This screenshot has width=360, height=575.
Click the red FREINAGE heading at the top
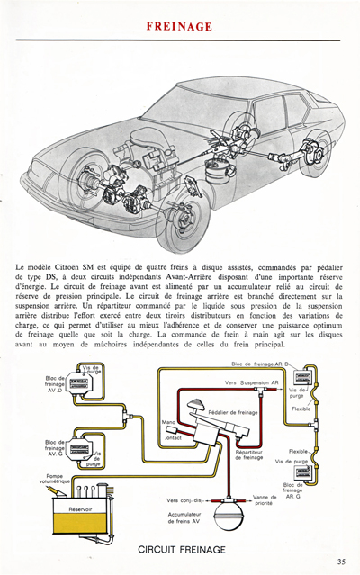(180, 27)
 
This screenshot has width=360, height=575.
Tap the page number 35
(341, 562)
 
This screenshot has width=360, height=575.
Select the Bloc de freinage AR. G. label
(293, 490)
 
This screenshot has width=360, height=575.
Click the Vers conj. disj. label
(184, 500)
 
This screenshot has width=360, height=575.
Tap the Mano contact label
(170, 427)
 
